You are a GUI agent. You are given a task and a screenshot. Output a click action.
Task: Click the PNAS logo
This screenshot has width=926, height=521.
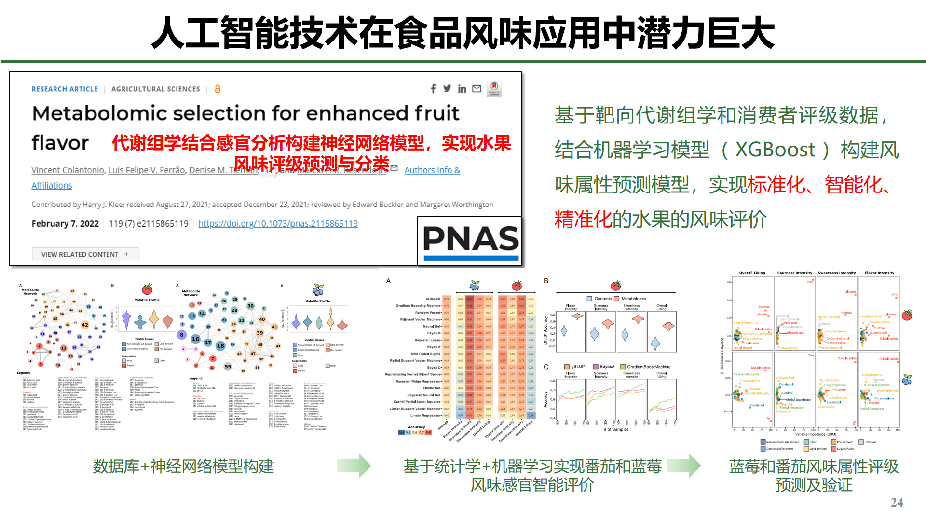(470, 241)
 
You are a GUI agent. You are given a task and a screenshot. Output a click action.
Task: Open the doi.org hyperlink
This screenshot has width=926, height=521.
(278, 224)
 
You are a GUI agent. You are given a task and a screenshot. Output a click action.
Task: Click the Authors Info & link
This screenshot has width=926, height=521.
(432, 170)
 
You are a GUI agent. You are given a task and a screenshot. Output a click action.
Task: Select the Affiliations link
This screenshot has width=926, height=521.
(52, 186)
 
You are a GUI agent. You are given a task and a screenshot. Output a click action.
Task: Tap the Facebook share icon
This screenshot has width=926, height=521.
(433, 89)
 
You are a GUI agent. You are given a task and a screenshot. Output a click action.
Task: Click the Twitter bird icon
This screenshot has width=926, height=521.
(447, 89)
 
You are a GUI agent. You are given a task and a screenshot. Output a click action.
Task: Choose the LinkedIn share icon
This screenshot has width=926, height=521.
(462, 89)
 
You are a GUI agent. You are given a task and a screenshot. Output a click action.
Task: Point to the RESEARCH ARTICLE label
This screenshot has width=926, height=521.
(65, 89)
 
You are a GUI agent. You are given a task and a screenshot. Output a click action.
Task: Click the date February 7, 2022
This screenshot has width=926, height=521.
(65, 224)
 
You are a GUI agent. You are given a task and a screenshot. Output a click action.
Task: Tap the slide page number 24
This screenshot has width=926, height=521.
(897, 503)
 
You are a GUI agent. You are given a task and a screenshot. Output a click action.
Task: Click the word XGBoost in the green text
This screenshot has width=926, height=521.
(775, 150)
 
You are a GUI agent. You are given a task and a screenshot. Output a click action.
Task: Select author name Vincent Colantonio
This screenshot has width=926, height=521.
(68, 170)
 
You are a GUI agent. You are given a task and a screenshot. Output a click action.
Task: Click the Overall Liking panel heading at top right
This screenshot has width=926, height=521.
(752, 273)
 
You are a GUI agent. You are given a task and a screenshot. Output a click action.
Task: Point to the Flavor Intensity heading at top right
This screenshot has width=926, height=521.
(879, 273)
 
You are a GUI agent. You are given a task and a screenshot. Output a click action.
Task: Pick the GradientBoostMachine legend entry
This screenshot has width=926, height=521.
(648, 367)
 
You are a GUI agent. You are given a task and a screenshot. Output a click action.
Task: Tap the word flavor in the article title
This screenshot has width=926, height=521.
(60, 143)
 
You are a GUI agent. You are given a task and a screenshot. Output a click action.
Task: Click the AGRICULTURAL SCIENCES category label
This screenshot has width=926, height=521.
(155, 89)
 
